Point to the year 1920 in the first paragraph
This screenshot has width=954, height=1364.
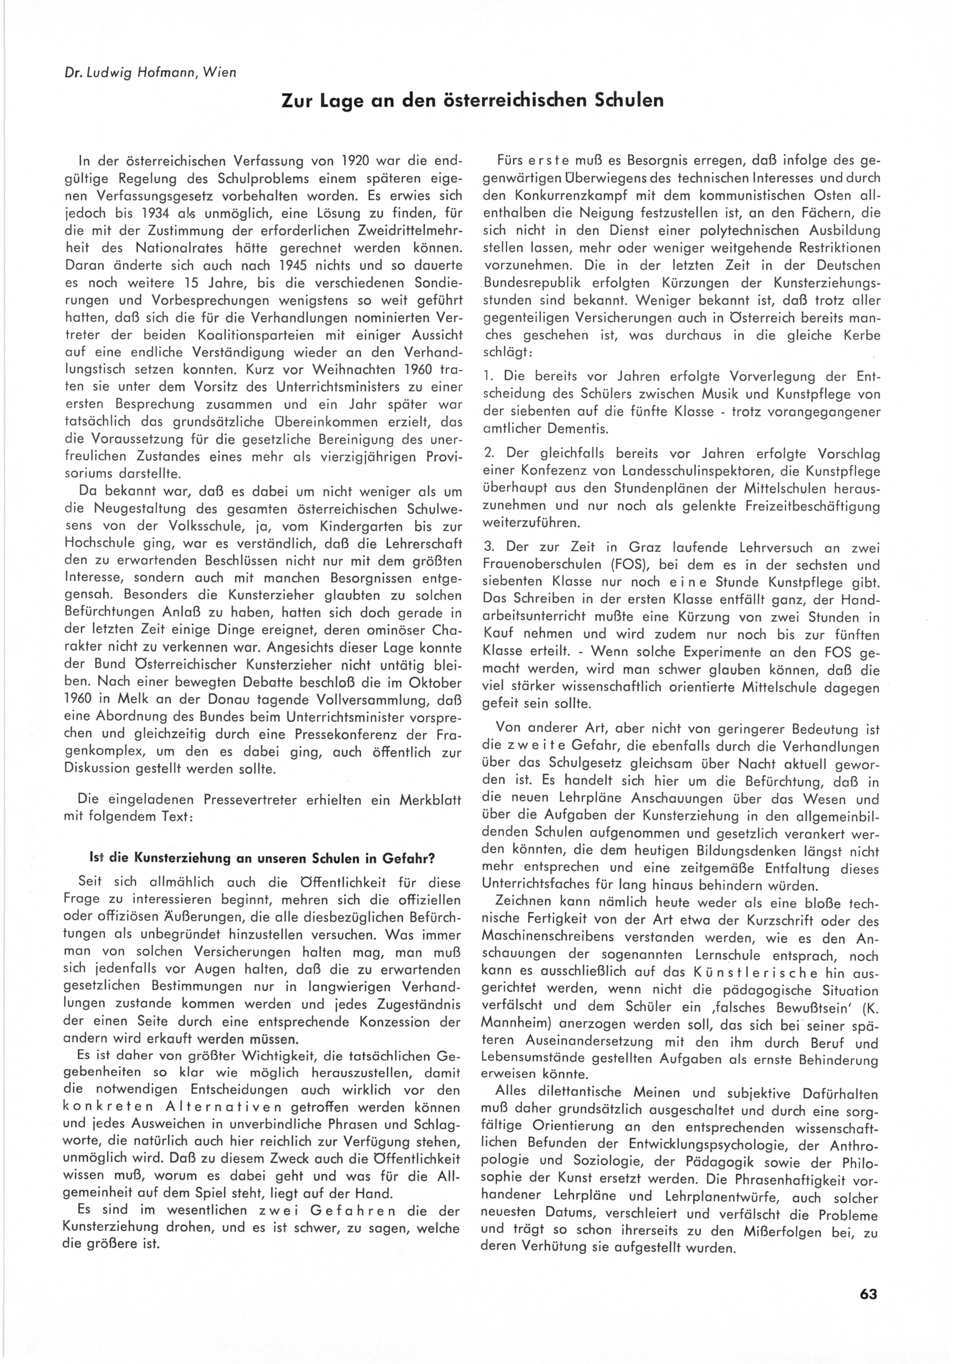point(356,161)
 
